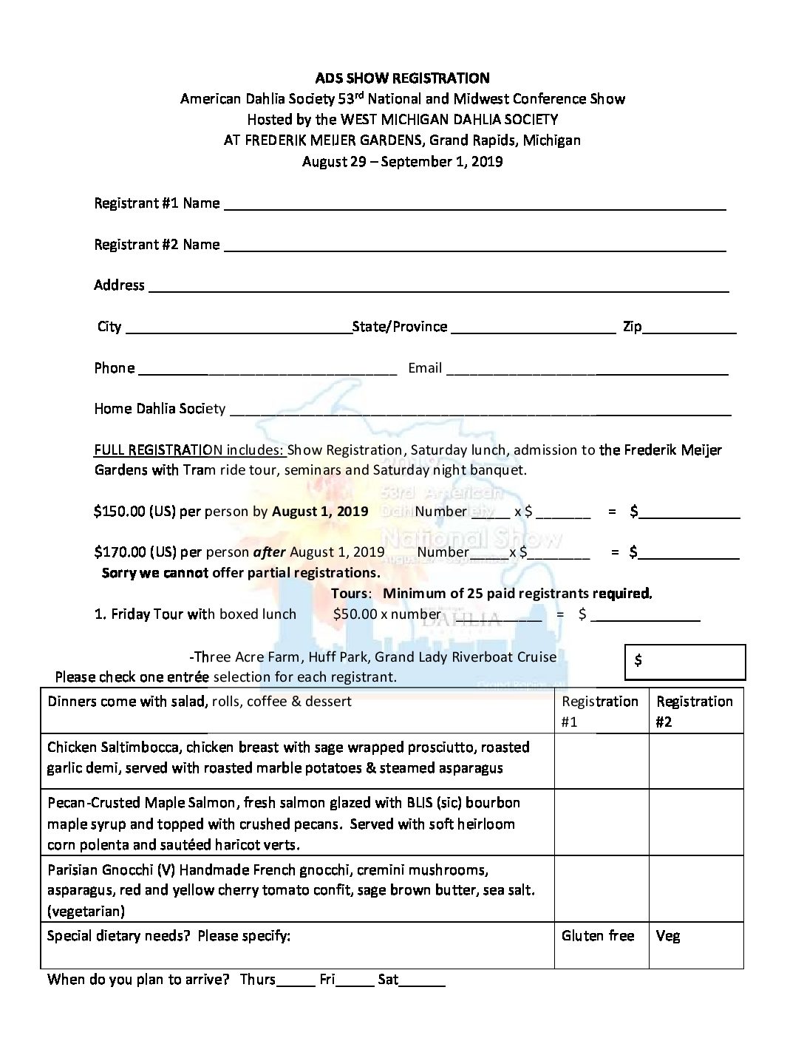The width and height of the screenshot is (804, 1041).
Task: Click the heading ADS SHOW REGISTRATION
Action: [402, 78]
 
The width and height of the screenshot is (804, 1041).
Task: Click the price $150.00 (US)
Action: [135, 512]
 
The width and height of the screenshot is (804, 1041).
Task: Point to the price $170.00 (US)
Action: [135, 552]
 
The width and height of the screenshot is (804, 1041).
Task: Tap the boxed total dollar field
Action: [686, 661]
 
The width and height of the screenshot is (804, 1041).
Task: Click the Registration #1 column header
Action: [600, 711]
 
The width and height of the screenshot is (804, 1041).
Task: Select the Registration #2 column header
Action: [695, 711]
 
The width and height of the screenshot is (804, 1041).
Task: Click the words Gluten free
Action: [598, 936]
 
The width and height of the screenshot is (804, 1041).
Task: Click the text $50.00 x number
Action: [386, 614]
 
